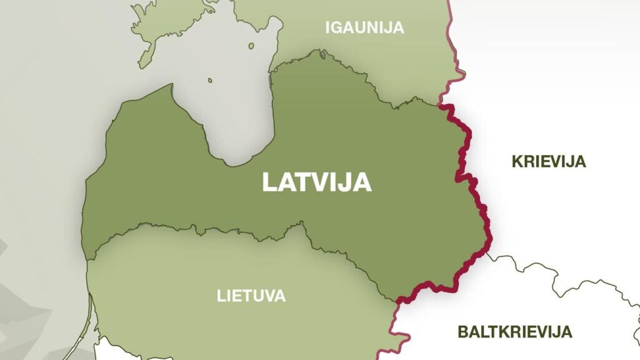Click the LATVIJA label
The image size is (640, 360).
[x=317, y=182]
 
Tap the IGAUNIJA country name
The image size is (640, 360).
[x=364, y=27]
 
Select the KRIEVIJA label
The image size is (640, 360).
[x=549, y=161]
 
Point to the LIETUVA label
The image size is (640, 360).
[x=251, y=296]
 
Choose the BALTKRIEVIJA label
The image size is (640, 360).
[x=514, y=331]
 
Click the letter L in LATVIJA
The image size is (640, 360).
[x=269, y=182]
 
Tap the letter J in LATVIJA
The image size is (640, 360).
[x=346, y=182]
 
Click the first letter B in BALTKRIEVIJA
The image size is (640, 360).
[x=463, y=331]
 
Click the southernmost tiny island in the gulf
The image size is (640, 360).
[x=210, y=80]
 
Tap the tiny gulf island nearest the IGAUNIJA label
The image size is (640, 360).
[x=251, y=46]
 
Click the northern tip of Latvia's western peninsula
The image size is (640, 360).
[x=169, y=86]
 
